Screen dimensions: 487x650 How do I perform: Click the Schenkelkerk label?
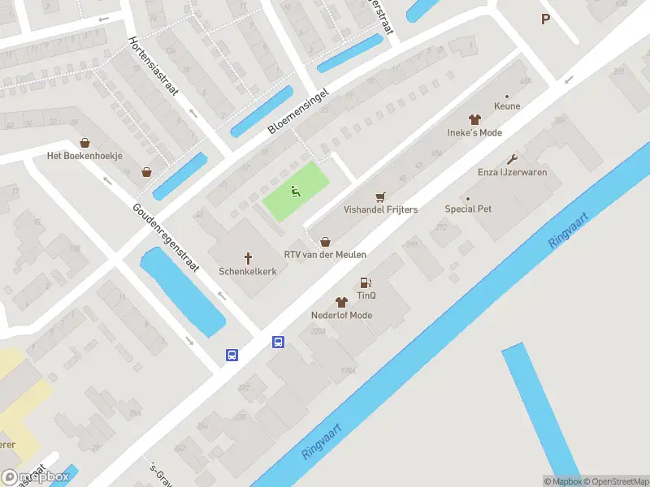coord(247,271)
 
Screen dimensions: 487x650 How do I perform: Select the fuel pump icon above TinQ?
coord(366,282)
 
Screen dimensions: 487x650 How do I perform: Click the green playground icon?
coord(296,192)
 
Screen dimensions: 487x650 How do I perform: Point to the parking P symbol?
coord(544,19)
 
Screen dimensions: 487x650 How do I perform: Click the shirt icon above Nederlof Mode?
coord(341,302)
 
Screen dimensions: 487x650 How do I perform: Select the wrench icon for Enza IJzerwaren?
coord(512,159)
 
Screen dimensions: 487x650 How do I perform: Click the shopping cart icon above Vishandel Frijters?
coord(380,196)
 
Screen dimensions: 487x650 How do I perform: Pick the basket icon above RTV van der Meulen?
coord(325,241)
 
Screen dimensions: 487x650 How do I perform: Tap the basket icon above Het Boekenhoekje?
coord(84,143)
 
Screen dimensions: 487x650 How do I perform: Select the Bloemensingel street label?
coord(301,111)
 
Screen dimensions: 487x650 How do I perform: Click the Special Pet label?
coord(468,209)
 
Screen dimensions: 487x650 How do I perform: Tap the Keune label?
coord(507,106)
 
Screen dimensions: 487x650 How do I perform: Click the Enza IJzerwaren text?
coord(511,172)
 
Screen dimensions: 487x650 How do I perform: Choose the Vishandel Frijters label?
coord(380,209)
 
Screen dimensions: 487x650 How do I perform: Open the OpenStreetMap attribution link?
coord(615,481)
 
